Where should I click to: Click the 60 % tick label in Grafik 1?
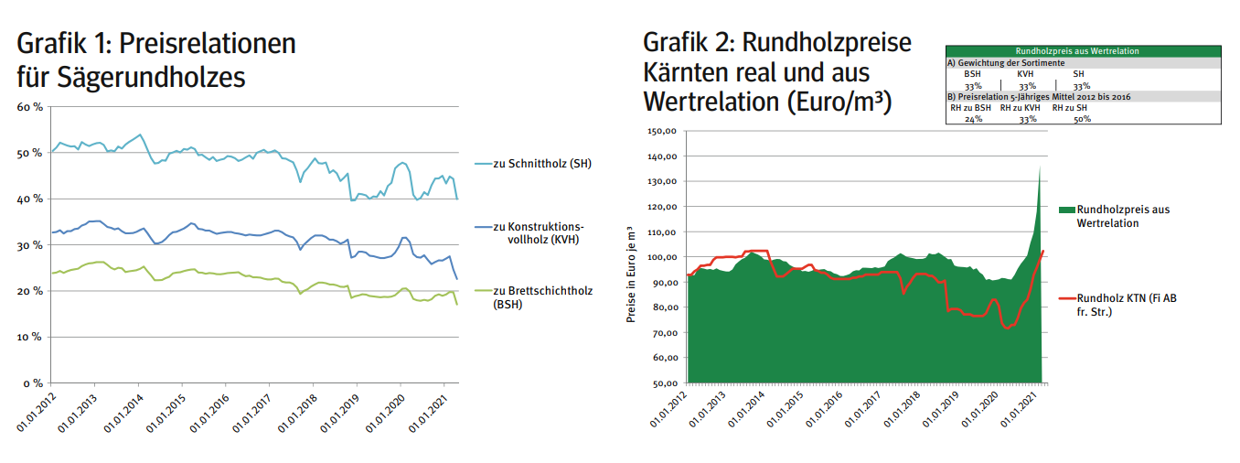click(x=29, y=107)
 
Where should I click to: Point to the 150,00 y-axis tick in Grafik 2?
click(x=660, y=131)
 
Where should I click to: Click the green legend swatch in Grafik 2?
click(x=1065, y=210)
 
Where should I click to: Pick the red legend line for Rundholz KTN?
click(x=1065, y=297)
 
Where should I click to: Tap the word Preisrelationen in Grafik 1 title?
click(x=208, y=44)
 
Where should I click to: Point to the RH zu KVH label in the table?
click(x=1020, y=108)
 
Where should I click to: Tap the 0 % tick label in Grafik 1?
click(x=32, y=383)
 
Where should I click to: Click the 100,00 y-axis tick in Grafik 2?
click(x=660, y=257)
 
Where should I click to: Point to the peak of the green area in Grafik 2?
click(x=1041, y=165)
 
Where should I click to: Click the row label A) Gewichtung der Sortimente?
click(x=1005, y=63)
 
